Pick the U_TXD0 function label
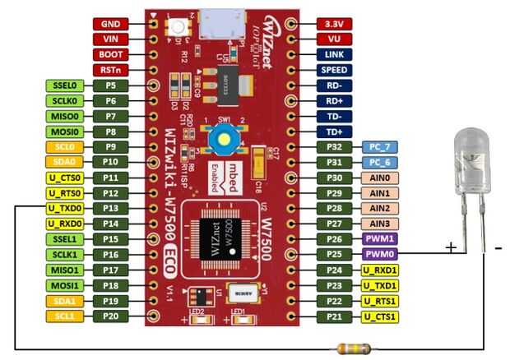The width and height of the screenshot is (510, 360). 64,208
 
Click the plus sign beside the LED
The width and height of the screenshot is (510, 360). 451,247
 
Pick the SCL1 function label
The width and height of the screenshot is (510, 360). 64,316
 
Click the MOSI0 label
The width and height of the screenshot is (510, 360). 64,131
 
